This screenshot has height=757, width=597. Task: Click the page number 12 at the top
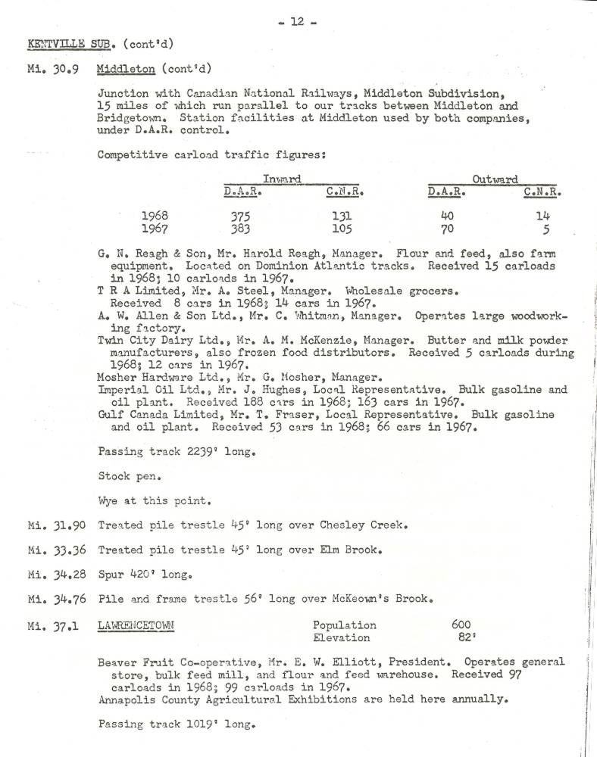298,21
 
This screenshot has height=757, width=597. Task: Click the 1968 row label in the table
155,216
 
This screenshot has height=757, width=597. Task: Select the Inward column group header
282,179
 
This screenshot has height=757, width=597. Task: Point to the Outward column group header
495,179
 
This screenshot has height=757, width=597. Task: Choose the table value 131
342,216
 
